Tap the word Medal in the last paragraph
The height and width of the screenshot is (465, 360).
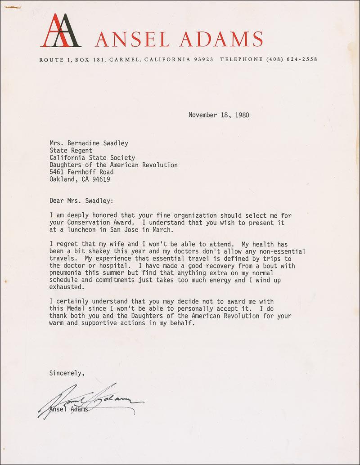click(x=75, y=309)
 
